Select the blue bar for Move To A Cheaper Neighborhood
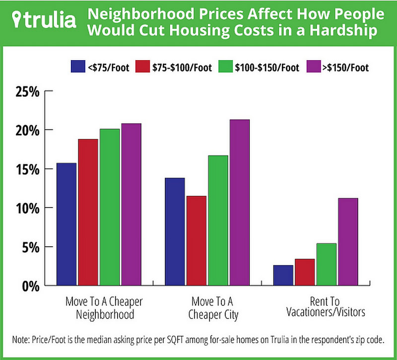point(66,223)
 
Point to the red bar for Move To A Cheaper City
point(196,240)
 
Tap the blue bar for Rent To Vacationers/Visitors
point(283,275)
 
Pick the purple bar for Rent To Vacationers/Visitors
point(347,241)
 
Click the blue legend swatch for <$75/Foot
point(77,67)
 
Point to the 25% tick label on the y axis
point(25,92)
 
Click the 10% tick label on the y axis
point(25,208)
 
